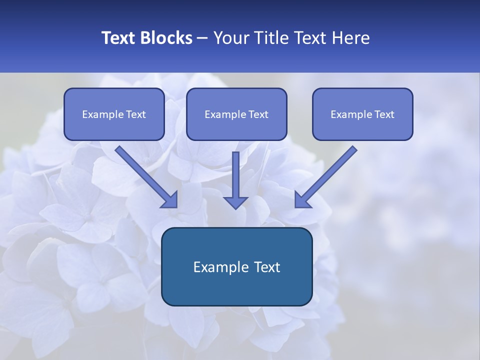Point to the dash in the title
coord(202,38)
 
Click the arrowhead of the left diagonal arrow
coord(170,199)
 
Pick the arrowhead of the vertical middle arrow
coord(235,202)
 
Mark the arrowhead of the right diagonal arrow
coord(302,199)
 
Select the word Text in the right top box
coord(384,114)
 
